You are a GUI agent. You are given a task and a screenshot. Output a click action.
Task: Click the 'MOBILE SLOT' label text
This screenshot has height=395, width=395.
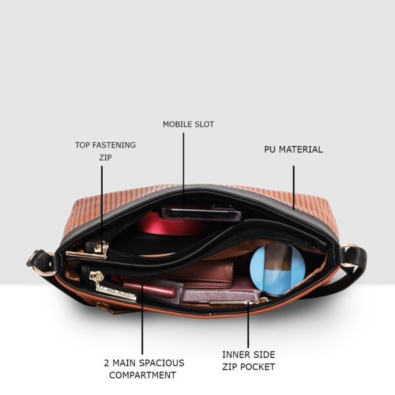[x=188, y=124]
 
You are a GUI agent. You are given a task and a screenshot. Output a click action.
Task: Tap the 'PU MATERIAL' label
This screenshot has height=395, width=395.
[x=293, y=149]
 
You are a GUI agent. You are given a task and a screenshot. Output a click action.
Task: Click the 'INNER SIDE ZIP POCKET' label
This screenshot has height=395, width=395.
[x=248, y=361]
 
